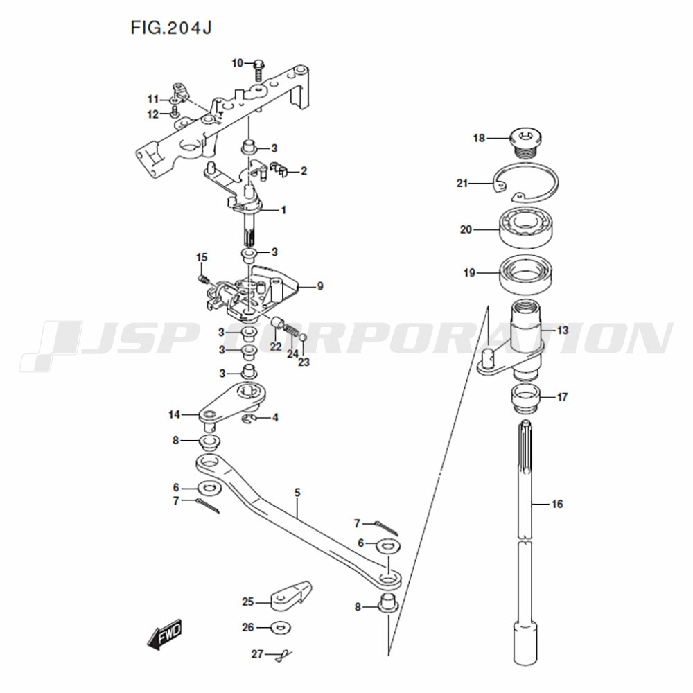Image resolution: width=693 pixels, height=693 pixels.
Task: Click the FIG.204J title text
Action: [171, 28]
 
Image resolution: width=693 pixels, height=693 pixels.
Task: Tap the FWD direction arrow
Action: [164, 635]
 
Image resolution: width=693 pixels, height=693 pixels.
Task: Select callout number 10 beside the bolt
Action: [237, 63]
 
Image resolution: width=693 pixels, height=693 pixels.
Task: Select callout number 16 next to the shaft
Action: [557, 504]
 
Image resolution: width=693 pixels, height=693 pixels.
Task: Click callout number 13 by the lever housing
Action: [562, 331]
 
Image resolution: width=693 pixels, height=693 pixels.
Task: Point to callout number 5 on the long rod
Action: [297, 492]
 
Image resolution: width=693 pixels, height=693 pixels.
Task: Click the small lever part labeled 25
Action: [290, 596]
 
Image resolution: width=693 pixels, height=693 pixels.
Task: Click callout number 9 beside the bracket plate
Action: [320, 286]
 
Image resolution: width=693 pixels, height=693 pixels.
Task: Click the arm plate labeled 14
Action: [233, 401]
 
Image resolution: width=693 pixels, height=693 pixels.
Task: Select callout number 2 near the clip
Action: [304, 170]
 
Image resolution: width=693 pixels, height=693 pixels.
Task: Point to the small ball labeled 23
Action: [303, 338]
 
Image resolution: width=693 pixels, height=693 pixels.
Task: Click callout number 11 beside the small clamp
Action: [153, 99]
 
